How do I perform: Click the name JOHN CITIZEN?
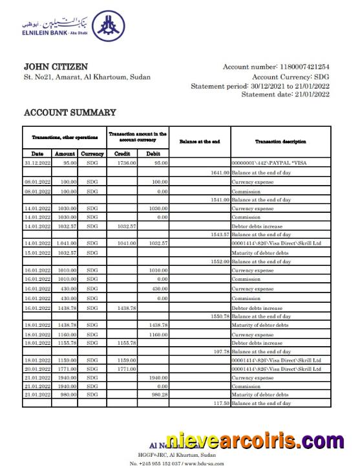click(56, 67)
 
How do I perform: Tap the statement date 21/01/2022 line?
click(285, 94)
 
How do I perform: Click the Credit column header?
click(122, 154)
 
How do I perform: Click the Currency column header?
click(92, 154)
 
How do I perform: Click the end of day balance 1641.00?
click(220, 173)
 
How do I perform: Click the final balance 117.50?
click(220, 403)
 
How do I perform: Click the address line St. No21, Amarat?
click(87, 78)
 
